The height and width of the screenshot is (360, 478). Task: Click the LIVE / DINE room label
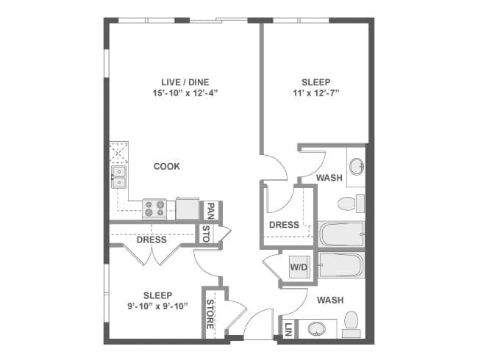[180, 82]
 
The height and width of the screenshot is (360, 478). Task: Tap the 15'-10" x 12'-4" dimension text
[180, 93]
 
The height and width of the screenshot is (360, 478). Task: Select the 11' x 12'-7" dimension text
[315, 93]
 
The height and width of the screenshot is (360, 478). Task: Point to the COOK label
[167, 166]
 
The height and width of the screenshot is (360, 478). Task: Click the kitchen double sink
[119, 176]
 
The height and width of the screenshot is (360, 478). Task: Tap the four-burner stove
[153, 209]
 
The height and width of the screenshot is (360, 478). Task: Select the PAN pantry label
[210, 211]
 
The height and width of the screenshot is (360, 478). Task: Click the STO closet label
[207, 234]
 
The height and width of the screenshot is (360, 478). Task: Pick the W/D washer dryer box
[299, 267]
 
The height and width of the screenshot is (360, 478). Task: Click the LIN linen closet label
[288, 328]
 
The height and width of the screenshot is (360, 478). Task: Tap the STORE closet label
[210, 313]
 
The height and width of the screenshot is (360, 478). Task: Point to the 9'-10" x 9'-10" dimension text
[158, 306]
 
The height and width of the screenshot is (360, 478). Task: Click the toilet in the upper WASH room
[351, 204]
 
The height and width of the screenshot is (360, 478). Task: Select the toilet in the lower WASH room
[351, 321]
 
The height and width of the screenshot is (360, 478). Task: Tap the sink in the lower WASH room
[319, 328]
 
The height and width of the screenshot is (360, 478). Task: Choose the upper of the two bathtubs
[341, 234]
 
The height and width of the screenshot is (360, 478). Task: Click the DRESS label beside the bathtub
[284, 225]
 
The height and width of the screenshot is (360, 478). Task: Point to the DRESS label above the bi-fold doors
[151, 240]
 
